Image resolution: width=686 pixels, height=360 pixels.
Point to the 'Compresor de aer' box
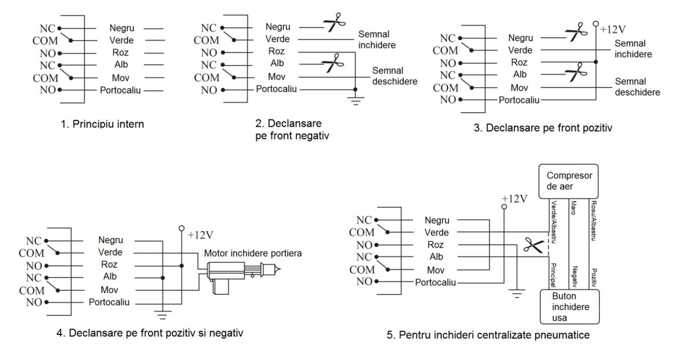pos(569,181)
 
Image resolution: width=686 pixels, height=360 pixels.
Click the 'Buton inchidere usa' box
pos(569,307)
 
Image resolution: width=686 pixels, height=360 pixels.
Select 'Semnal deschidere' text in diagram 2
pos(394,76)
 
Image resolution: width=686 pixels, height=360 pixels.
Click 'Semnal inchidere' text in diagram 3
pos(637,49)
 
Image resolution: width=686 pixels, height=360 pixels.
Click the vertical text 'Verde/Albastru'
pos(553,220)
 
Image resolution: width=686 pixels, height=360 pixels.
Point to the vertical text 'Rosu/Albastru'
pos(595,220)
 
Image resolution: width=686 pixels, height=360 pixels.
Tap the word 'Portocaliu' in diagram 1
pos(120,90)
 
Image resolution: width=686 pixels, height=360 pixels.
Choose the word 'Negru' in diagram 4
pos(110,241)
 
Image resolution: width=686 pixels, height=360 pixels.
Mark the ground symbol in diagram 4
pos(163,315)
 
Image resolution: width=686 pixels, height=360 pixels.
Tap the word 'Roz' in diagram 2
pos(277,51)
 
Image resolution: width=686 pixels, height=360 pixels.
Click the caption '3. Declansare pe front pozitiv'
pos(543,127)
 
